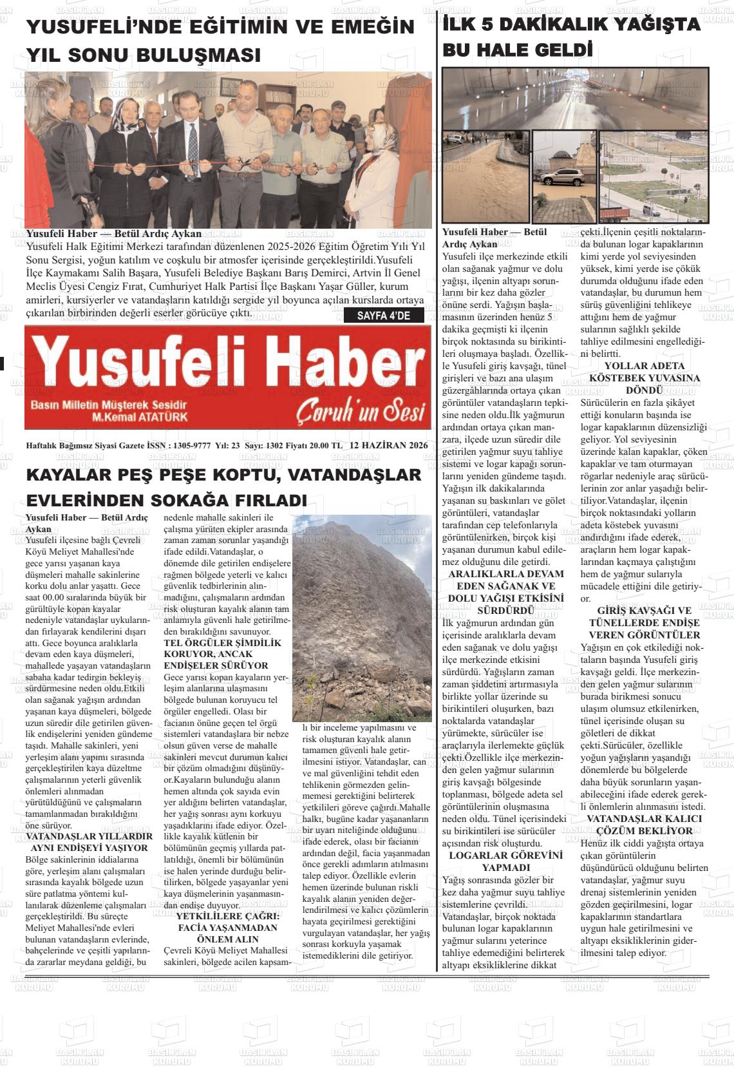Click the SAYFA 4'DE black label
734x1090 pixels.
coord(383,316)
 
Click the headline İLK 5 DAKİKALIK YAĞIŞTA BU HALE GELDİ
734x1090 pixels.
coord(571,37)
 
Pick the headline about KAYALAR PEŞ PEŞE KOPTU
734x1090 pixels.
coord(223,487)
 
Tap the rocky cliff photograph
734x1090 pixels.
coord(362,617)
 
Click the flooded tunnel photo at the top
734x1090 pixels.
coord(575,99)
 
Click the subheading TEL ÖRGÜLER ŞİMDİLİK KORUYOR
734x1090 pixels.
coord(223,654)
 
